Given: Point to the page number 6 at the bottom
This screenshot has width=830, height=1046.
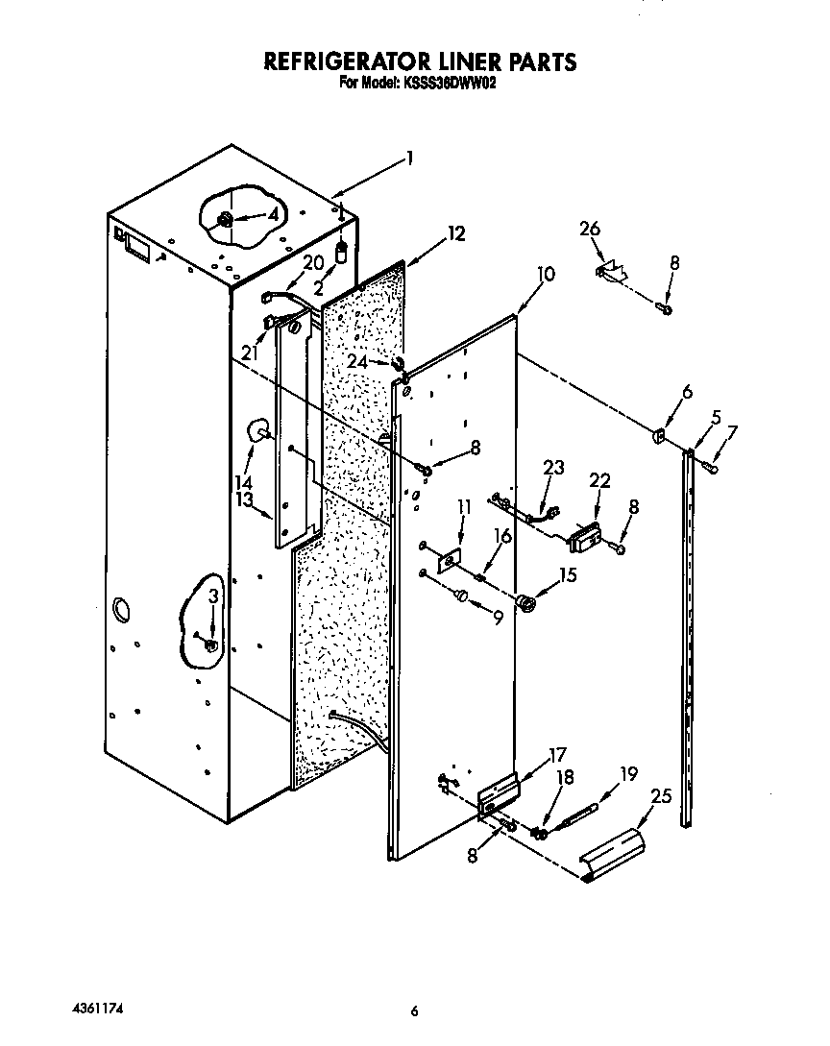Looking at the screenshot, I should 415,1010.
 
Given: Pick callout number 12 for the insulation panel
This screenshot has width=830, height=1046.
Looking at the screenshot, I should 455,233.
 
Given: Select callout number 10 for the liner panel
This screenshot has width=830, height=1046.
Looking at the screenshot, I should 545,274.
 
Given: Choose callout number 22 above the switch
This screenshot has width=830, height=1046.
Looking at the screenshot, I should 598,480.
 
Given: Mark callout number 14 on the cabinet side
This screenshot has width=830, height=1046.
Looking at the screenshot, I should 244,481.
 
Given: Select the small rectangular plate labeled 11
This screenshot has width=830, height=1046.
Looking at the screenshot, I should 449,562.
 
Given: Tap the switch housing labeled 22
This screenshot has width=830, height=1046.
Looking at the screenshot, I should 585,539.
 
